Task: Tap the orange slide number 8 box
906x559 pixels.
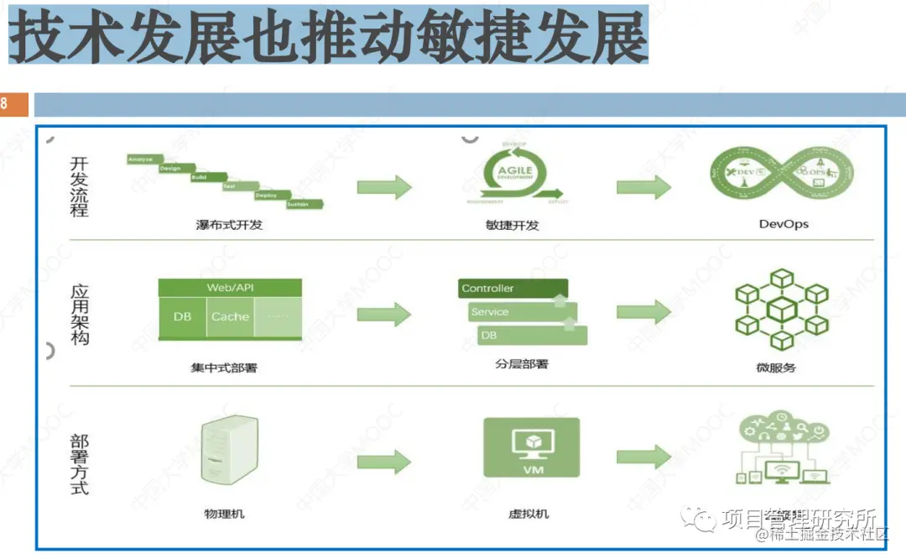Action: (x=13, y=105)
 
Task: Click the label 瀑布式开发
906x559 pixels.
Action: (x=228, y=225)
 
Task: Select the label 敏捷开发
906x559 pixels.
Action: (x=512, y=225)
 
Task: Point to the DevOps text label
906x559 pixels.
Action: (x=784, y=224)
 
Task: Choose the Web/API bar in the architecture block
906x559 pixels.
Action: (x=230, y=287)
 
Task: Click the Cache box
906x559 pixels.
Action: (x=230, y=317)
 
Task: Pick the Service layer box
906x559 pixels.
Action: (x=520, y=311)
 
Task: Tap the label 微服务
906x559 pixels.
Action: (x=775, y=367)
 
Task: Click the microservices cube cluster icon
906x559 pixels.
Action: (x=781, y=309)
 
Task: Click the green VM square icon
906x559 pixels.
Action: (x=532, y=450)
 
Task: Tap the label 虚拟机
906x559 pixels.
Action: (x=529, y=513)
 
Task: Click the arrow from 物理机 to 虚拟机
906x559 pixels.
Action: (x=384, y=461)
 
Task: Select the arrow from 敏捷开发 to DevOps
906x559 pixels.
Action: (x=644, y=186)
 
